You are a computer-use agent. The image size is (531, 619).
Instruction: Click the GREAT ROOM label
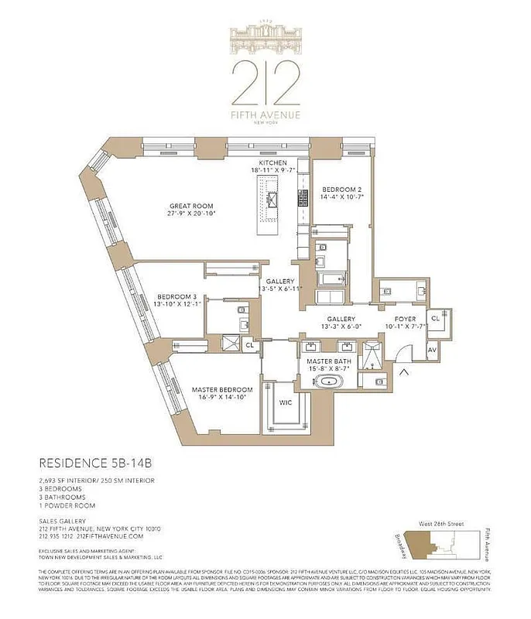[x=192, y=206]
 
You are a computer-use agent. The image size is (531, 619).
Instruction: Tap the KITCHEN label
[x=272, y=163]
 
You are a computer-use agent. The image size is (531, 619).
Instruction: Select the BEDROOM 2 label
[x=341, y=189]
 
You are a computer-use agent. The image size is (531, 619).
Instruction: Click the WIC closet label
[x=286, y=402]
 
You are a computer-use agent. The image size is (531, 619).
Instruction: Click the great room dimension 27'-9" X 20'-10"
[x=192, y=214]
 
